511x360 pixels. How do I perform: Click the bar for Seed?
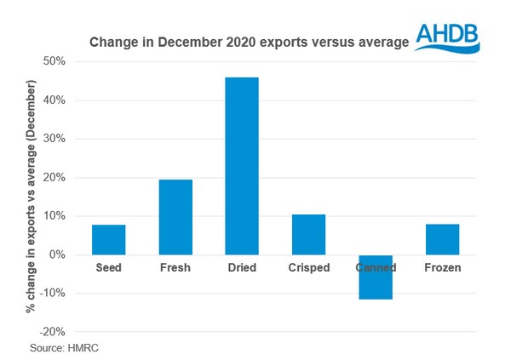click(x=108, y=240)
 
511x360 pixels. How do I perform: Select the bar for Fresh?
click(x=175, y=217)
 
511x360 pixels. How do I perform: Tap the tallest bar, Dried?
click(x=242, y=166)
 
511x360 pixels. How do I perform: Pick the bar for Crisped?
click(x=308, y=235)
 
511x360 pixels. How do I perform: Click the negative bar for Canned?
click(x=376, y=277)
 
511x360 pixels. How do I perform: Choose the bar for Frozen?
click(x=442, y=239)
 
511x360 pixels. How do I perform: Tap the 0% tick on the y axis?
click(x=58, y=254)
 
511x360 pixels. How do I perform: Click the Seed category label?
click(x=108, y=268)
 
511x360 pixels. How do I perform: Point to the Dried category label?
click(x=242, y=268)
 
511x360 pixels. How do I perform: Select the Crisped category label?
click(x=308, y=268)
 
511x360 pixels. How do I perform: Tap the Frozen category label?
click(x=442, y=268)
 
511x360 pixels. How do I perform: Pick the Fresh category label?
click(x=175, y=268)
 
